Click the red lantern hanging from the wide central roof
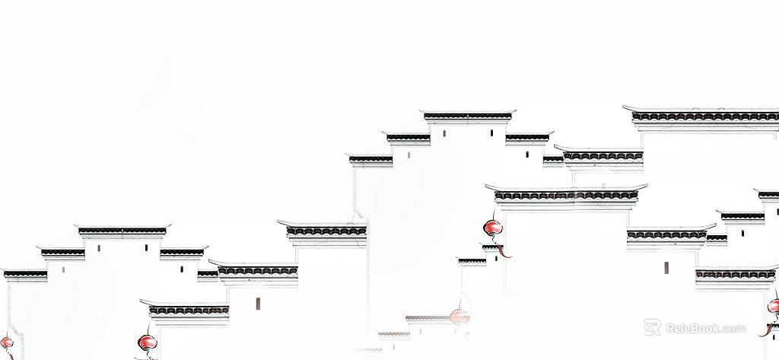pos(493,228)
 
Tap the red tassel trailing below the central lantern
pos(504,250)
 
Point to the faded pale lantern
pos(459,317)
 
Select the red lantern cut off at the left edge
pos(6,342)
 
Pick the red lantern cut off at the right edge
pos(774,306)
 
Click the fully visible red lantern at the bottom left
pos(148,342)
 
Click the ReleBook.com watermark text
pos(705,329)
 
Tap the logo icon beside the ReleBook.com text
pos(652,328)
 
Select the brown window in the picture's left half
pos(258,304)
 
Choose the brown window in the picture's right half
pos(666,267)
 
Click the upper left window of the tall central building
pos(444,133)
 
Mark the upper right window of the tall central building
pos(492,133)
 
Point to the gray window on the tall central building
pos(409,155)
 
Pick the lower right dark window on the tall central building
pos(527,155)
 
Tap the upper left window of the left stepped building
pos(99,247)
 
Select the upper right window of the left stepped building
pos(146,247)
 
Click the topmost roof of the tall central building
pos(468,116)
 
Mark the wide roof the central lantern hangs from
pos(566,195)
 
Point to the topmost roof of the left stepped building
pos(122,231)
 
